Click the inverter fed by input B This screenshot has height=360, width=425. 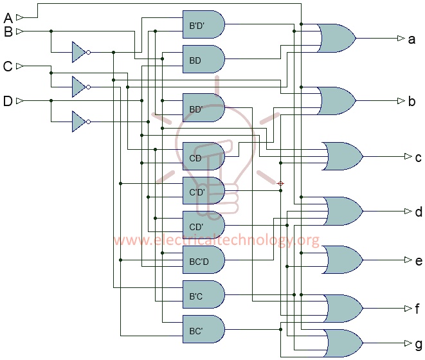(x=79, y=52)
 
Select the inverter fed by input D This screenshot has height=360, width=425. (x=79, y=121)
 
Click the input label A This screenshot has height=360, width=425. (x=8, y=17)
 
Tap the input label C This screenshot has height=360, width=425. (x=8, y=66)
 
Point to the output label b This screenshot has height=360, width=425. (x=411, y=101)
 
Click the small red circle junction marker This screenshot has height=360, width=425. (x=280, y=184)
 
